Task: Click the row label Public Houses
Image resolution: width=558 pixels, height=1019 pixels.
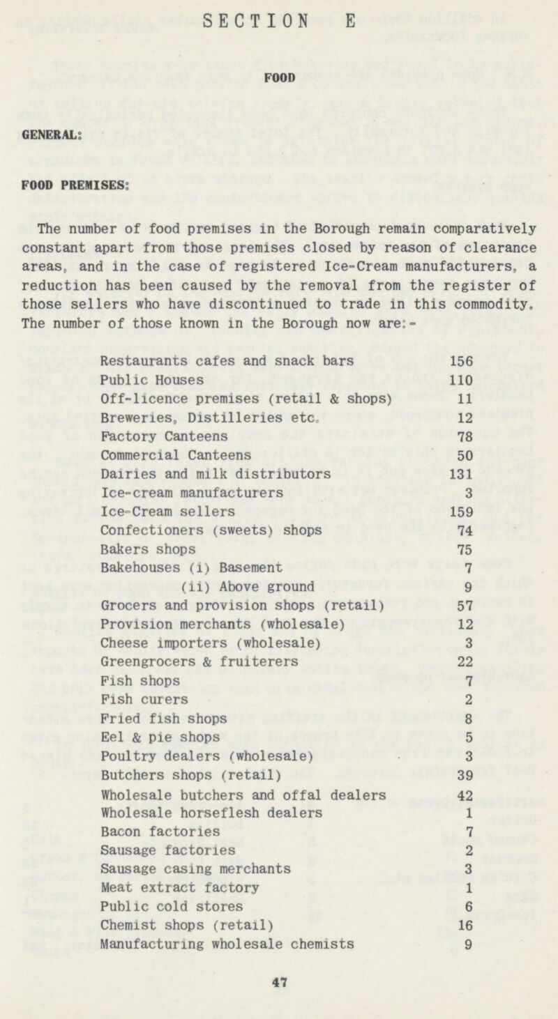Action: click(152, 380)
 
